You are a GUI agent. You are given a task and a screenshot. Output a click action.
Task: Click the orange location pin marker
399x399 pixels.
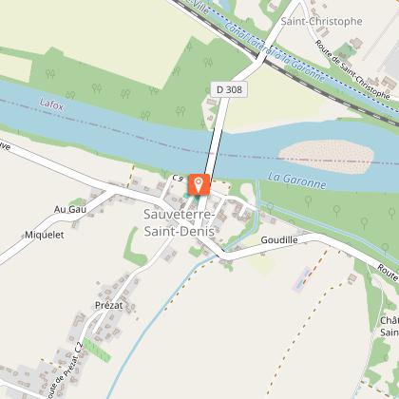tap(199, 183)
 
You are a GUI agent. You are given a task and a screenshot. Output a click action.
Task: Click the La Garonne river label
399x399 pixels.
tap(296, 179)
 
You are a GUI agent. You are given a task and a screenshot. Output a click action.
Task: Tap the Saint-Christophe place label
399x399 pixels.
tap(322, 21)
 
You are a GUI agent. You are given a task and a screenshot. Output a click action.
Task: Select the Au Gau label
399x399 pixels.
tap(70, 208)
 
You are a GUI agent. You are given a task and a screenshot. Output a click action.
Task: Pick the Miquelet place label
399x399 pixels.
tap(44, 235)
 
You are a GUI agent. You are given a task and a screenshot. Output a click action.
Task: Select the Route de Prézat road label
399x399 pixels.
tap(64, 365)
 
